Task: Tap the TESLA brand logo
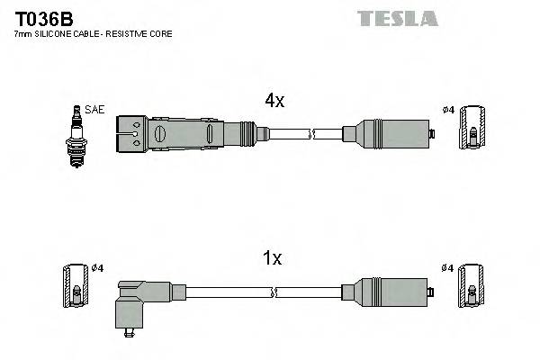[396, 17]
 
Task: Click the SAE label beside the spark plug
[96, 109]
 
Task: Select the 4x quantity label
[274, 102]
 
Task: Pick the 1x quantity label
[273, 258]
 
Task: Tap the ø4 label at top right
[448, 110]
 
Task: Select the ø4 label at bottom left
[98, 267]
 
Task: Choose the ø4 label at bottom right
[448, 267]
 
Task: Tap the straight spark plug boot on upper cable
[189, 134]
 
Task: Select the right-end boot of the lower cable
[389, 292]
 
